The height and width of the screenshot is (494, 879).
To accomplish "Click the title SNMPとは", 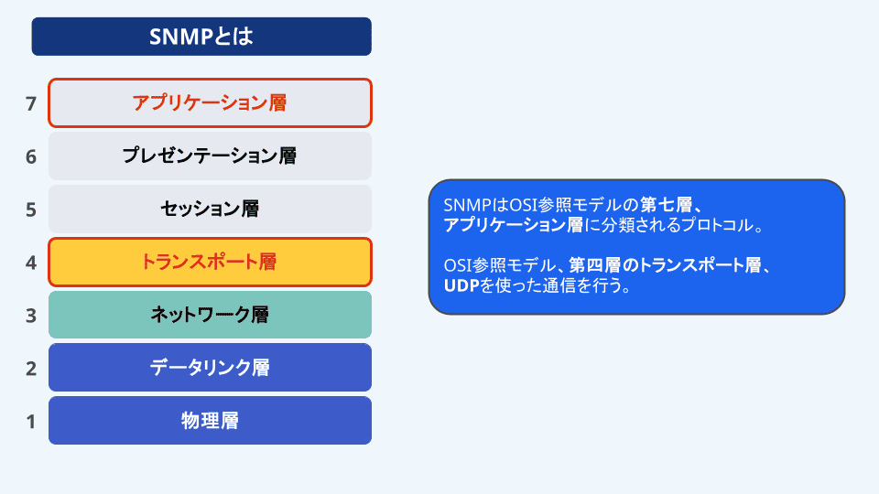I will tap(201, 37).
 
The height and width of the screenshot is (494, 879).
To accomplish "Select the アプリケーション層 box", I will tap(210, 102).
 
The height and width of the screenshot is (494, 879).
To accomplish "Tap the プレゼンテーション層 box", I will tap(210, 156).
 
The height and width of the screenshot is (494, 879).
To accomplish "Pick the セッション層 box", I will tap(210, 209).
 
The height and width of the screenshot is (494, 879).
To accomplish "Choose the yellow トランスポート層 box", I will tap(210, 262).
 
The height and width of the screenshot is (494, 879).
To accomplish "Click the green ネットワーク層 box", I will tap(210, 315).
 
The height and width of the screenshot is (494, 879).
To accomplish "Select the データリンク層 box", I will tap(210, 368).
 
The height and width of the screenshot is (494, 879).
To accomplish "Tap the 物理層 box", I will tap(210, 421).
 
